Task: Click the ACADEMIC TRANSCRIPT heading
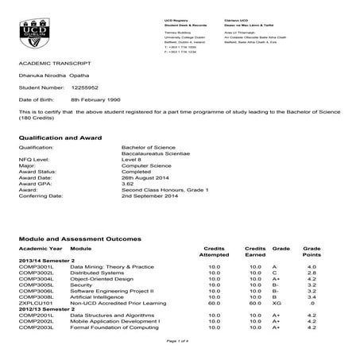point(50,66)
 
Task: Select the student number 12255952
point(87,88)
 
